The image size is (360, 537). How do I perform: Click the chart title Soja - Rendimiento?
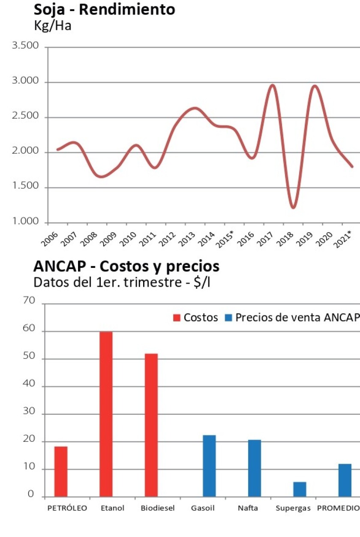tap(104, 9)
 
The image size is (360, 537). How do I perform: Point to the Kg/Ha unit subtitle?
tap(52, 25)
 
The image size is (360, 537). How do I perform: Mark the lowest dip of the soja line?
tap(293, 207)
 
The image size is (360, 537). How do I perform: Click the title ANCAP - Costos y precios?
tap(126, 267)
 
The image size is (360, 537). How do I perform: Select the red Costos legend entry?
tap(195, 318)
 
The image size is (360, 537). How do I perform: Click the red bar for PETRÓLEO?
tap(61, 471)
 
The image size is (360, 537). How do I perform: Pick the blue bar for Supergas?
tap(300, 489)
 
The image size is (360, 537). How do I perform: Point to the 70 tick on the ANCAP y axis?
tap(29, 301)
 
